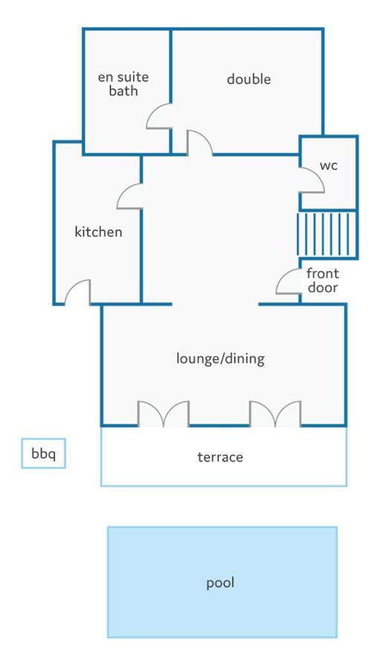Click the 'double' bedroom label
249,79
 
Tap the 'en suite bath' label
123,84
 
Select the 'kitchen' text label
99,232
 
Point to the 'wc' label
328,166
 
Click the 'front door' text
322,281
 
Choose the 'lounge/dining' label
220,358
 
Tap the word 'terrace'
220,457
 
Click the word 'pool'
220,583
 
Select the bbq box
44,453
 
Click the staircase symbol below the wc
327,235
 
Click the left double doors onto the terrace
163,413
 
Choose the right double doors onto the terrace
275,413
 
